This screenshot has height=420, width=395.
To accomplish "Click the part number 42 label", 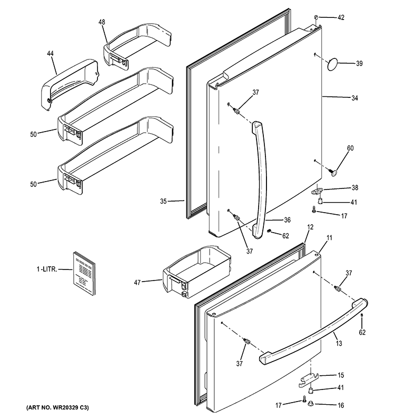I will point(341,18).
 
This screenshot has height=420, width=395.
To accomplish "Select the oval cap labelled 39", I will point(332,64).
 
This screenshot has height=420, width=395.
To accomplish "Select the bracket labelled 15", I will point(311,377).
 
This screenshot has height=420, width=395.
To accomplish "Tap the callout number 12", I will point(310,226).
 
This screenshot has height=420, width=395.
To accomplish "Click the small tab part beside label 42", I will point(315,18).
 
